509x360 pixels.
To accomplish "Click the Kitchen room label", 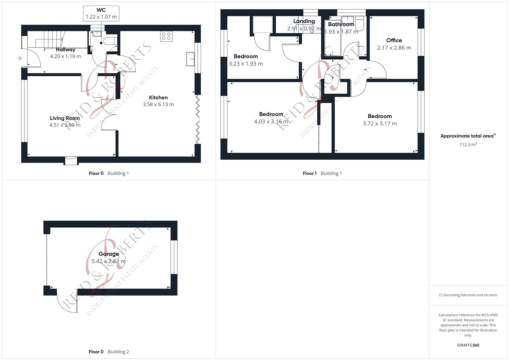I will click(x=158, y=97).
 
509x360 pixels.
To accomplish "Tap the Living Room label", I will click(x=65, y=118).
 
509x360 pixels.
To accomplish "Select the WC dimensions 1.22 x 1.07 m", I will click(x=101, y=17).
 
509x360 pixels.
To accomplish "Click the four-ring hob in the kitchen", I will click(x=166, y=36).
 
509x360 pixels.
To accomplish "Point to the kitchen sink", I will click(x=191, y=59).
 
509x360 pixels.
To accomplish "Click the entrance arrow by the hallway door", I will click(x=19, y=58).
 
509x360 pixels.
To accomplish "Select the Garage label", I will click(x=109, y=254).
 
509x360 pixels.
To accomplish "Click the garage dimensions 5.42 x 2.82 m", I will click(x=109, y=261).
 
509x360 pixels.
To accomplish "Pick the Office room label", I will click(x=394, y=40).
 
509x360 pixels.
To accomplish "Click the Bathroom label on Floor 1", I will click(x=341, y=24).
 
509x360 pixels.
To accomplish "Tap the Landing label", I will click(x=304, y=21).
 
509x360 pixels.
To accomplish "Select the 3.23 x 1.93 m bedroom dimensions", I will click(x=246, y=64).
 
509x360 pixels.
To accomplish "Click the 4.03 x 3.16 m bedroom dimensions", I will click(x=271, y=122).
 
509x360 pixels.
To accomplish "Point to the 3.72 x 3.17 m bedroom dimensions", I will click(x=380, y=124).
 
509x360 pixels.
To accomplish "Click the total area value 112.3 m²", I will click(x=468, y=145).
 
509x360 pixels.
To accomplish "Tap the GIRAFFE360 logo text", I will click(x=468, y=345).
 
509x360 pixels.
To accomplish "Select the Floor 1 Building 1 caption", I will click(x=322, y=173).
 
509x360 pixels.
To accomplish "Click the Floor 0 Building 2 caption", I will click(x=109, y=352).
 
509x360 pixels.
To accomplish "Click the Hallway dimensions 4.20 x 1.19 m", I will click(x=65, y=56).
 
